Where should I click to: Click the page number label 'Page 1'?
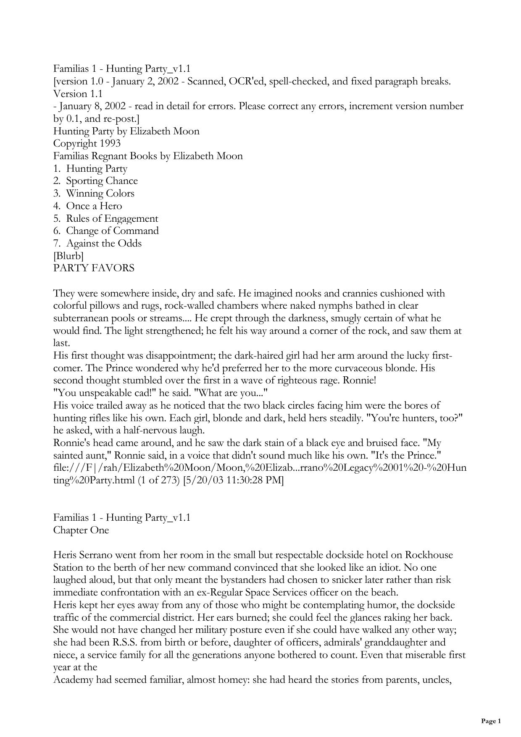point(491,721)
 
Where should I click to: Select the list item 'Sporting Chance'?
point(102,181)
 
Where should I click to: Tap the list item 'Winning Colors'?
point(100,194)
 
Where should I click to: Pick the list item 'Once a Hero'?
point(94,206)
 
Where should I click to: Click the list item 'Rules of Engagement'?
point(112,219)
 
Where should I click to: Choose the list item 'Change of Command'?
point(112,231)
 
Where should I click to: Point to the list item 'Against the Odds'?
point(104,244)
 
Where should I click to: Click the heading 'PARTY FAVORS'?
point(94,268)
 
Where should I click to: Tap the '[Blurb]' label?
point(68,256)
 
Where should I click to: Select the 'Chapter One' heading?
point(81,530)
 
